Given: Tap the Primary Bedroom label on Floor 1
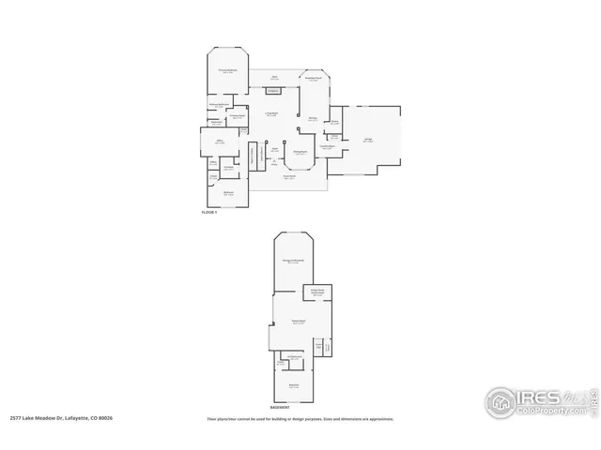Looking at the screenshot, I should point(227,70).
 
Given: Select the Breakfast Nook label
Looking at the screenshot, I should point(314,79).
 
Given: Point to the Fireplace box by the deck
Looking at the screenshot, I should point(272,91).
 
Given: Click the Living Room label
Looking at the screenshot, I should point(270,113).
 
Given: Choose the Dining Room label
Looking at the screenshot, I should point(301,151).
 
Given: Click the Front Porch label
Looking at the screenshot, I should point(289,176).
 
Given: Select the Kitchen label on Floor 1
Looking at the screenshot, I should point(313,117).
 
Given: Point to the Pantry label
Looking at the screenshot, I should point(334,121).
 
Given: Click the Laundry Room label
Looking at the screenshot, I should point(328,146).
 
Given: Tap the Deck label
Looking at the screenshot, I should point(275,77).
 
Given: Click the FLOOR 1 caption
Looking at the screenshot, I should point(209,213).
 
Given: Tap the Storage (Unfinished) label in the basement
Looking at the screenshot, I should point(294,261).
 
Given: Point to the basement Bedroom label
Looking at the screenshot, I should point(294,385).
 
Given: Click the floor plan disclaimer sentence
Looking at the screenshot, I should point(300,418).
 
